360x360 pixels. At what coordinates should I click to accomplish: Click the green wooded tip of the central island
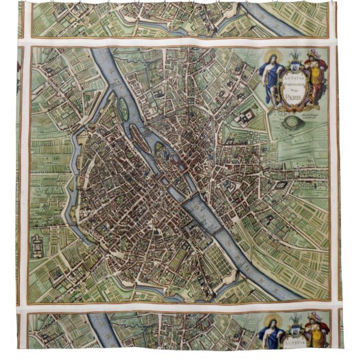click(159, 146)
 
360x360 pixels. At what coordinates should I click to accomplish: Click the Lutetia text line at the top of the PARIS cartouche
click(294, 70)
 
